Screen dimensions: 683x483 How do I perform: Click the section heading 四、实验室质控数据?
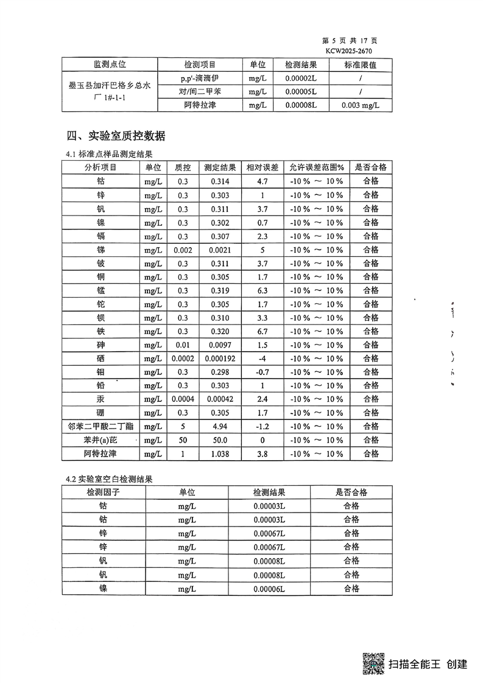tap(115, 136)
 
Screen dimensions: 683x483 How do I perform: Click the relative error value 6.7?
tap(262, 331)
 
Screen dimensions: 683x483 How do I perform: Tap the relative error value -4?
tap(262, 359)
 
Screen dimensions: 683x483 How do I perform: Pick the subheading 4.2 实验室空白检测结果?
tap(110, 479)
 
